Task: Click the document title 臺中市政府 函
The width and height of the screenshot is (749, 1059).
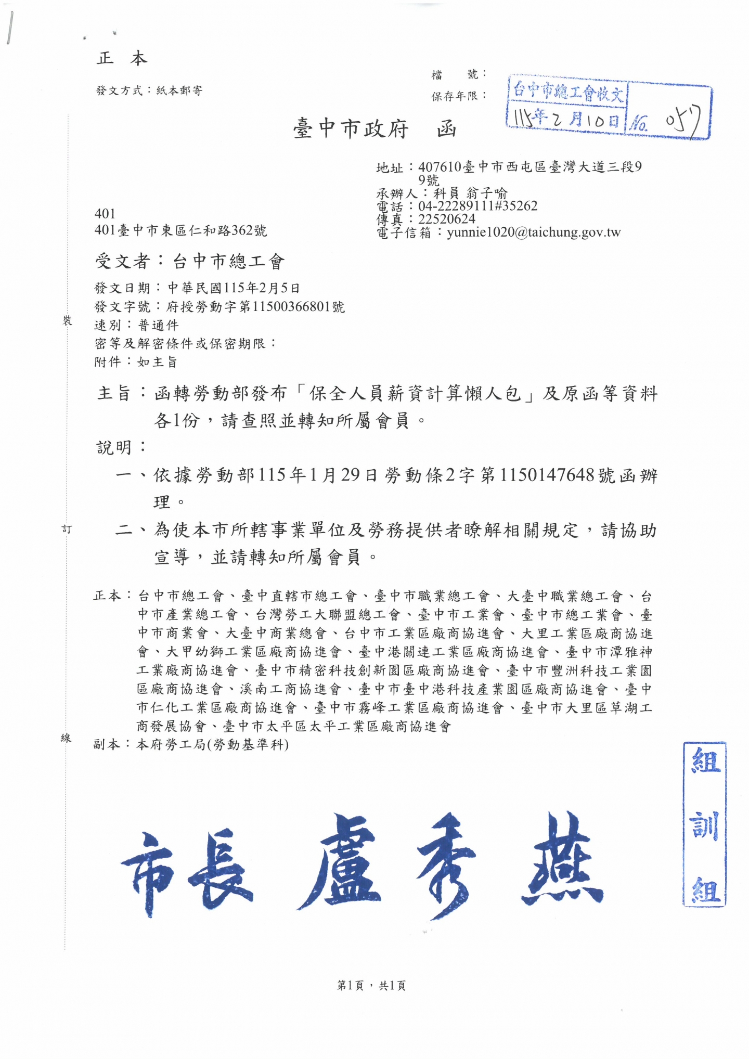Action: (x=374, y=128)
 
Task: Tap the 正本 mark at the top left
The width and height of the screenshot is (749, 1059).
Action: (x=122, y=58)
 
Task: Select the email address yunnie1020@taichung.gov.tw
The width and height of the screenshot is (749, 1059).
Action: (x=534, y=233)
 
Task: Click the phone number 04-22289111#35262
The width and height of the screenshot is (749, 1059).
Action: (x=477, y=206)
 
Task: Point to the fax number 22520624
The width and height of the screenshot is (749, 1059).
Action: (x=447, y=219)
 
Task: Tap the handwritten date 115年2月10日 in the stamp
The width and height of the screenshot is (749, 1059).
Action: (x=566, y=119)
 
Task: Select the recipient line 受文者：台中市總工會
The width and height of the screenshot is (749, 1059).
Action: (x=190, y=261)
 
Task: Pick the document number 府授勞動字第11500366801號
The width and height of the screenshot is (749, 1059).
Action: (x=255, y=306)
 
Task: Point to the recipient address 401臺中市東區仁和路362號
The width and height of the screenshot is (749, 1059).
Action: (x=180, y=230)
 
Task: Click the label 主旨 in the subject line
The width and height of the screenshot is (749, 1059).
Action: (x=114, y=393)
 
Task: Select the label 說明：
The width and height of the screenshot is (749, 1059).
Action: (x=122, y=447)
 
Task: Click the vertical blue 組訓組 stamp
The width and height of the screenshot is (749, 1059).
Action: (x=704, y=825)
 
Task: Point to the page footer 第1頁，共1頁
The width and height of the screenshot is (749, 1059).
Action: (x=371, y=985)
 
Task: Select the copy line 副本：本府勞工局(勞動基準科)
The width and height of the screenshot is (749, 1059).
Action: (x=191, y=744)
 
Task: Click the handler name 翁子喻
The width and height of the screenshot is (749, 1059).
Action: (x=486, y=193)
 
